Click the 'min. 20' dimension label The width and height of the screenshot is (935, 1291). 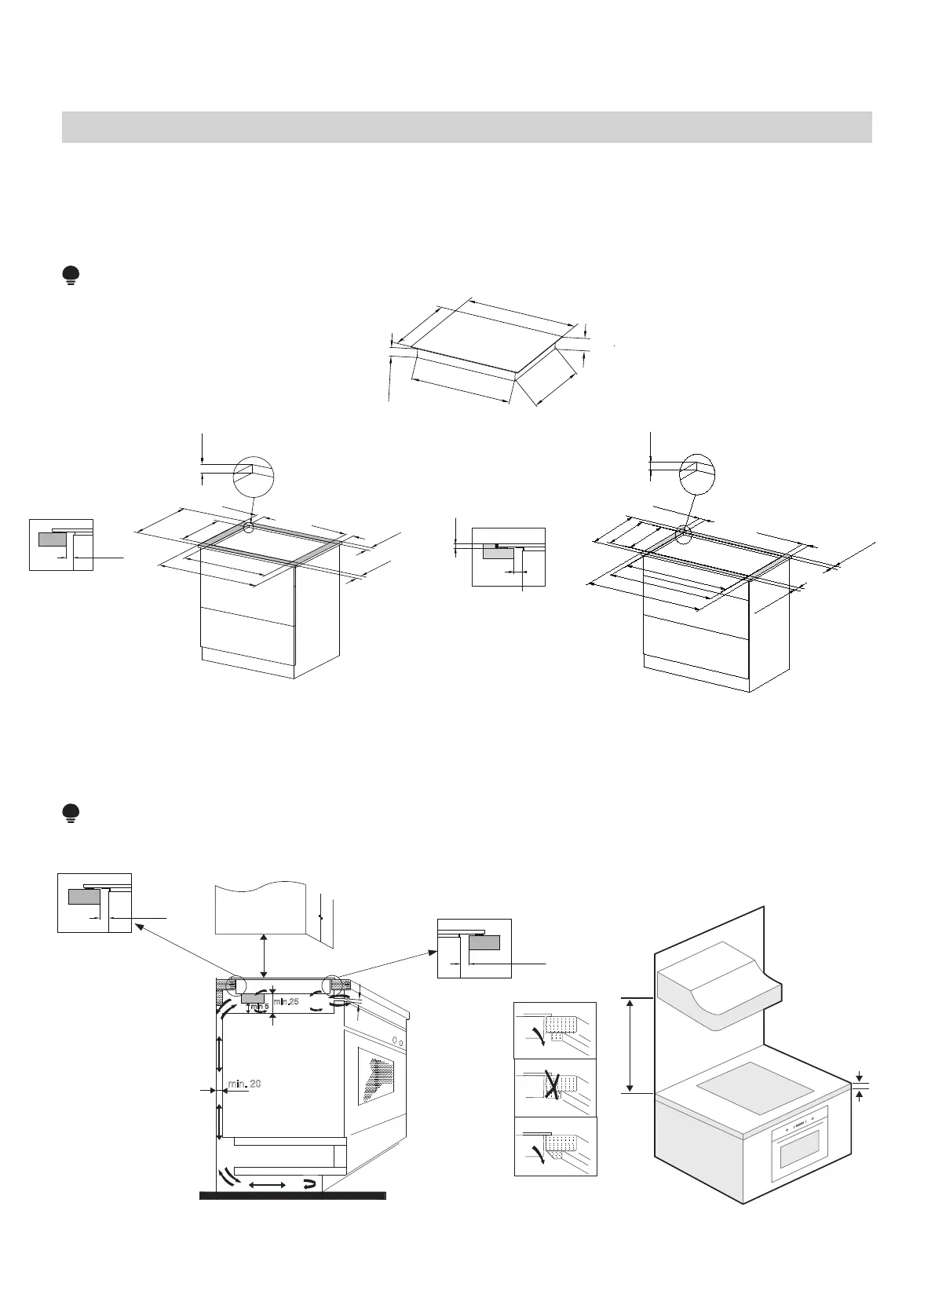244,1084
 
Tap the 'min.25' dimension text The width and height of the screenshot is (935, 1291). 287,1001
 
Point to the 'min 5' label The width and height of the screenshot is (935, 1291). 259,1008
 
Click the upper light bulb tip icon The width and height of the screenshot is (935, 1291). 71,276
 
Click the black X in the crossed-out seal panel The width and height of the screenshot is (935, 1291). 554,1088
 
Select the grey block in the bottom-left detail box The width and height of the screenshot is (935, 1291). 83,896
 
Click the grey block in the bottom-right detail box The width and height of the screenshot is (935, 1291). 484,942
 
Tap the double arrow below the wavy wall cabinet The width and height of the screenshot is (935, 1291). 263,955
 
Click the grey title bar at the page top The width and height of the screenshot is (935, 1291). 466,127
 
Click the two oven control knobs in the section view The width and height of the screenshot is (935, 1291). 398,1043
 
